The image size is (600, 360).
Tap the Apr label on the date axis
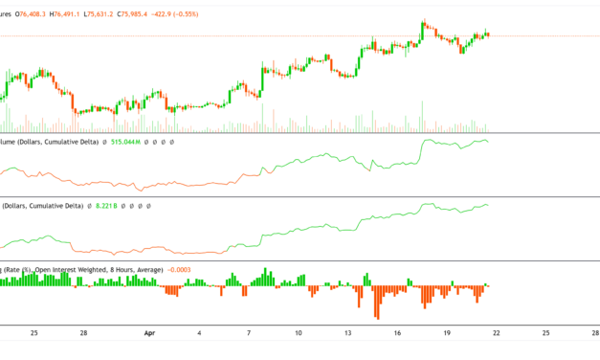148,333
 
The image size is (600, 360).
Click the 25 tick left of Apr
33,333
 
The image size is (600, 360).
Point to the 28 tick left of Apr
84,333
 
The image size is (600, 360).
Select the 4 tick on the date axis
199,333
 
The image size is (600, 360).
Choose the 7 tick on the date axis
249,333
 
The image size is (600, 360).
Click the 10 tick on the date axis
299,333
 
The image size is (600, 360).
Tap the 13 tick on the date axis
349,333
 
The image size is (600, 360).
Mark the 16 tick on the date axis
399,333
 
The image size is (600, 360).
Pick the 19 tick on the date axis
448,333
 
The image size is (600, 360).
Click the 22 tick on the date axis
498,333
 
